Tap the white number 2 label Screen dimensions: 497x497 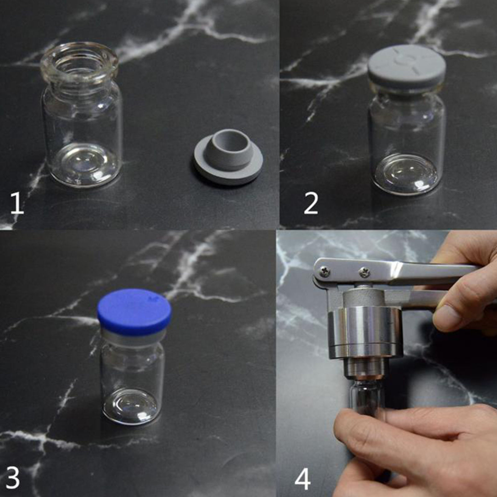(311, 203)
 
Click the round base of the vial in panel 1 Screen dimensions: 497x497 (84, 166)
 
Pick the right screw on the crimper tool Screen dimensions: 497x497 (364, 272)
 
